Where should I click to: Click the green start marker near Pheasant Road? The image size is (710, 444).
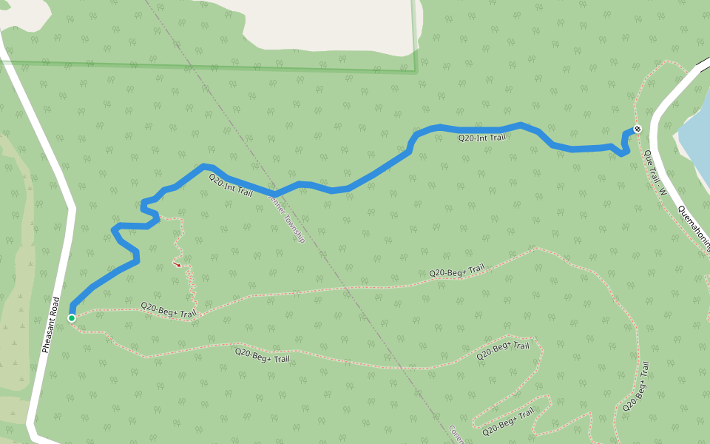pos(72,318)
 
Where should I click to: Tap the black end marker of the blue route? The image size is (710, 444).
pos(638,129)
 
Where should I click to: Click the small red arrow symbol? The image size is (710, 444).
pos(177,264)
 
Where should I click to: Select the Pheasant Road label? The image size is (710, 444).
pos(50,325)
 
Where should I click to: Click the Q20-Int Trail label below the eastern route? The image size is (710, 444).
pos(481,138)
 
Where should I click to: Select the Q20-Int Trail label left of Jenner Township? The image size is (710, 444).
pos(230,185)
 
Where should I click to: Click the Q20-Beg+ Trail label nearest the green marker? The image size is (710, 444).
pos(169,310)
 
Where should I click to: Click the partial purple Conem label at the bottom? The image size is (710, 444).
pos(456,434)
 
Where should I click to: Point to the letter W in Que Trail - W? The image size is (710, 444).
pos(663,191)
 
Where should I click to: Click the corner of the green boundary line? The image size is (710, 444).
pos(416,72)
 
